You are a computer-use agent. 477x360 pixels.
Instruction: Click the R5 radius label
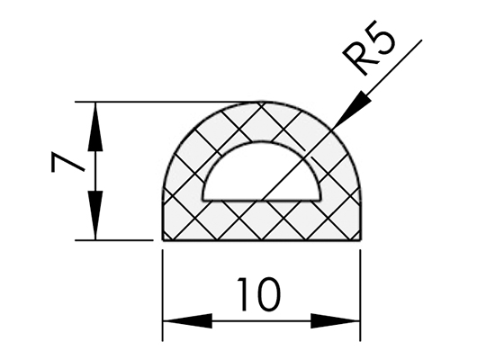369,48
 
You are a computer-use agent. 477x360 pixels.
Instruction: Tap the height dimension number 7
67,163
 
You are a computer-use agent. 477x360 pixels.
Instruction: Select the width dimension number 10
258,294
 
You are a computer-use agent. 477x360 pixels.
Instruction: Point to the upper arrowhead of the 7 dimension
95,127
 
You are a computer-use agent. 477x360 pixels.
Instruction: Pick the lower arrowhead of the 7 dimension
95,215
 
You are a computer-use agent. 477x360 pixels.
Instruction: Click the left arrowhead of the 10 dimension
187,320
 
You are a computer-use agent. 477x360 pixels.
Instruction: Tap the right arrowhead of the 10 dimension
335,320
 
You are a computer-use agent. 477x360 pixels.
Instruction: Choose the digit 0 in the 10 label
267,294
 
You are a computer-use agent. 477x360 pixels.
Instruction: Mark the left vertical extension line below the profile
163,295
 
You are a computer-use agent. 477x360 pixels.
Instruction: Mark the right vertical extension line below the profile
360,295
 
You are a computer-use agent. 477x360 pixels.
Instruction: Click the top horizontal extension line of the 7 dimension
166,102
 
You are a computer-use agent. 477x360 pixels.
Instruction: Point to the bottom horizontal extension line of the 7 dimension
114,240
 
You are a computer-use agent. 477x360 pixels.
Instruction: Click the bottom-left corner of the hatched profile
163,240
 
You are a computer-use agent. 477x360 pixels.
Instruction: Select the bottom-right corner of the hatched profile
361,240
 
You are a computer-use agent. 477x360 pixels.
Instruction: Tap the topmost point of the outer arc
262,102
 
